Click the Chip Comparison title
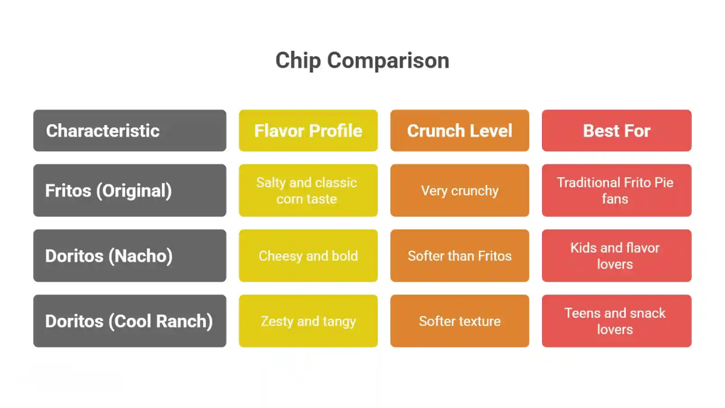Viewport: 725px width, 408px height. (x=362, y=60)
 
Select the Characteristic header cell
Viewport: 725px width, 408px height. (x=129, y=131)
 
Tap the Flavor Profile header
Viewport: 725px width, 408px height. (x=308, y=131)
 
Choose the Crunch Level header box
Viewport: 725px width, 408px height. (x=459, y=131)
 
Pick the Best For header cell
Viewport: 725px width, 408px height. (x=616, y=131)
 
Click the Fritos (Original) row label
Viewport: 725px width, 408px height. (x=129, y=190)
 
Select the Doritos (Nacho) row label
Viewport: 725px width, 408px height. (x=129, y=256)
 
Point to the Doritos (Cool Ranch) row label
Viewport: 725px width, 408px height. (x=129, y=321)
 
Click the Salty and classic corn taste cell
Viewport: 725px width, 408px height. (x=308, y=190)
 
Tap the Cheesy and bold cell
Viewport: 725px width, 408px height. (x=308, y=256)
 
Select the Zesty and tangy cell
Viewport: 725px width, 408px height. (x=308, y=321)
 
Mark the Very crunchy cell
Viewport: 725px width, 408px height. (x=459, y=190)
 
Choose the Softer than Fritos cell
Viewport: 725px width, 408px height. (x=459, y=256)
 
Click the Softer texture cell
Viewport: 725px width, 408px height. (x=459, y=321)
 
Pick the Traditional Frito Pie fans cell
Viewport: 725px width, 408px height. (x=616, y=190)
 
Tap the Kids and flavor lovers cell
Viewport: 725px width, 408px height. (x=616, y=256)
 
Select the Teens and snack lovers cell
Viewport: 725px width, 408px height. (x=616, y=321)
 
